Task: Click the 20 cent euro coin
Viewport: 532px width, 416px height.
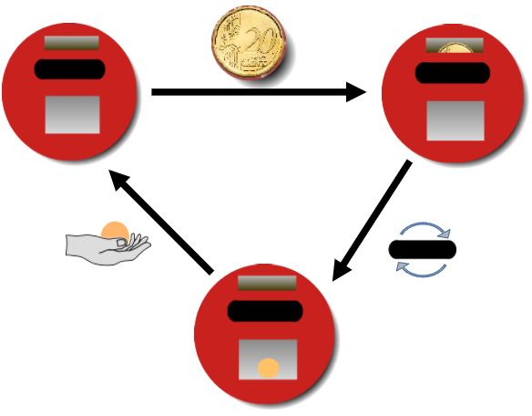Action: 249,42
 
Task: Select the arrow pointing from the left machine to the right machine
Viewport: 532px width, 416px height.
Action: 259,92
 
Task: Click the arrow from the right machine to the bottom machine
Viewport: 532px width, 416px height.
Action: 373,221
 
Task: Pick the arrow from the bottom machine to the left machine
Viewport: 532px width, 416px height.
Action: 161,222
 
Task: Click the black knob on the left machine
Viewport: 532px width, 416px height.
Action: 70,69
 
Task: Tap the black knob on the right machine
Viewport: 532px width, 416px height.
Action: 453,73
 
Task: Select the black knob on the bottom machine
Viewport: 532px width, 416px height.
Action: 265,311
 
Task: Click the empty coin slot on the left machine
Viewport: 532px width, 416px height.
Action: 72,43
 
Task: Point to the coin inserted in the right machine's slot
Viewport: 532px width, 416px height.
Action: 455,48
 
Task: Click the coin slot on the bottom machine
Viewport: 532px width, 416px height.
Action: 267,283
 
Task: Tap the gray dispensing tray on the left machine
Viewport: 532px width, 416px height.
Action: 73,115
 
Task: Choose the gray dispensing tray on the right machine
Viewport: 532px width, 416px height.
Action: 455,120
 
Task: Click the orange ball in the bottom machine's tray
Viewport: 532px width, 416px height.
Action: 269,369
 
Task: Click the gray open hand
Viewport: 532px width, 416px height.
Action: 107,249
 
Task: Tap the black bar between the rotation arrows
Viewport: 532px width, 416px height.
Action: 423,249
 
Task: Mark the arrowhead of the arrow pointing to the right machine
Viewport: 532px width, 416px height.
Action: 356,92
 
